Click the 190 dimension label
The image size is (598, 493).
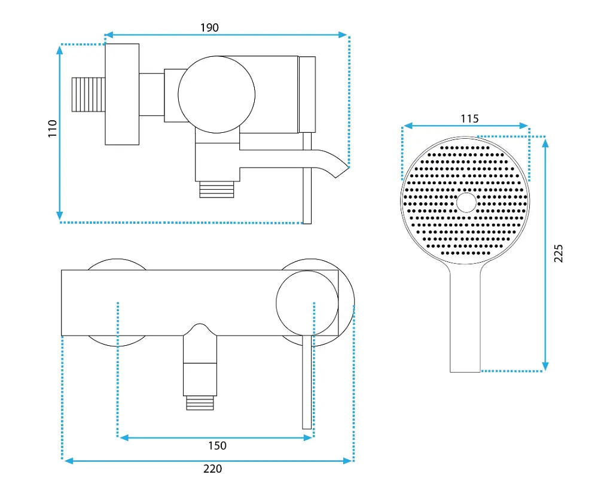pyautogui.click(x=209, y=28)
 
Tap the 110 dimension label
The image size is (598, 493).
pyautogui.click(x=52, y=129)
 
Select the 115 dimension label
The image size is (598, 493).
pyautogui.click(x=469, y=118)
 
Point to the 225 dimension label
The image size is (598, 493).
pyautogui.click(x=558, y=253)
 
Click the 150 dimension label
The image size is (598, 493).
pyautogui.click(x=217, y=445)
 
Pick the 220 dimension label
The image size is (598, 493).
pyautogui.click(x=212, y=468)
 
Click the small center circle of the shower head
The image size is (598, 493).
pyautogui.click(x=466, y=202)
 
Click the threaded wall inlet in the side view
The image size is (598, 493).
pyautogui.click(x=89, y=95)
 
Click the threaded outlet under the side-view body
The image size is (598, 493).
pyautogui.click(x=216, y=190)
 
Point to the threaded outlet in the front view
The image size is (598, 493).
pyautogui.click(x=200, y=403)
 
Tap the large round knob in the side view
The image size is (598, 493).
pyautogui.click(x=216, y=95)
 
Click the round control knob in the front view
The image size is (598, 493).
pyautogui.click(x=307, y=303)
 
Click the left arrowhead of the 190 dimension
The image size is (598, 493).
pyautogui.click(x=109, y=35)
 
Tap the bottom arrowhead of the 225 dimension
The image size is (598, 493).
pyautogui.click(x=545, y=367)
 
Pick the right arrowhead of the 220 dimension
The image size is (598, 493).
pyautogui.click(x=347, y=461)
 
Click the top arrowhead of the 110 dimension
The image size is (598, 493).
pyautogui.click(x=59, y=49)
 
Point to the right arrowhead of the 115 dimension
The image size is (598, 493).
pyautogui.click(x=524, y=126)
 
